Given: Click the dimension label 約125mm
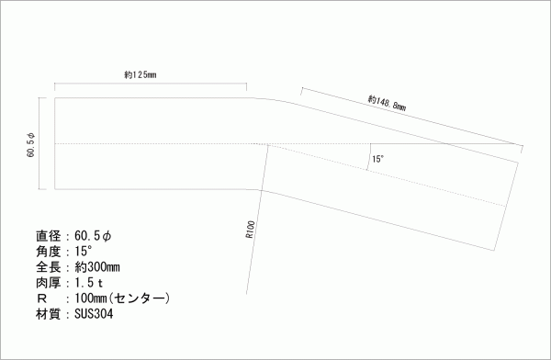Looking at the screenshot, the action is [141, 75].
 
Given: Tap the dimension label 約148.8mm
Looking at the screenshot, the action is [387, 103].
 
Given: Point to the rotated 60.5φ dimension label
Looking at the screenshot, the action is [31, 144].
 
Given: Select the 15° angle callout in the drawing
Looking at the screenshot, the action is [377, 159].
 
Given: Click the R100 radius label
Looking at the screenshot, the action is [250, 230].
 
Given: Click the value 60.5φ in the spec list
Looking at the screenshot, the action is [93, 236].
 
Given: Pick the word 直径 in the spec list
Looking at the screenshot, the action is [48, 236].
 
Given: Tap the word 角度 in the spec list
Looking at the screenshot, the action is [48, 252].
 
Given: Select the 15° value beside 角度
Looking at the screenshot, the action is [84, 252].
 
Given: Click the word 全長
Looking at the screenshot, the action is [48, 267].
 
